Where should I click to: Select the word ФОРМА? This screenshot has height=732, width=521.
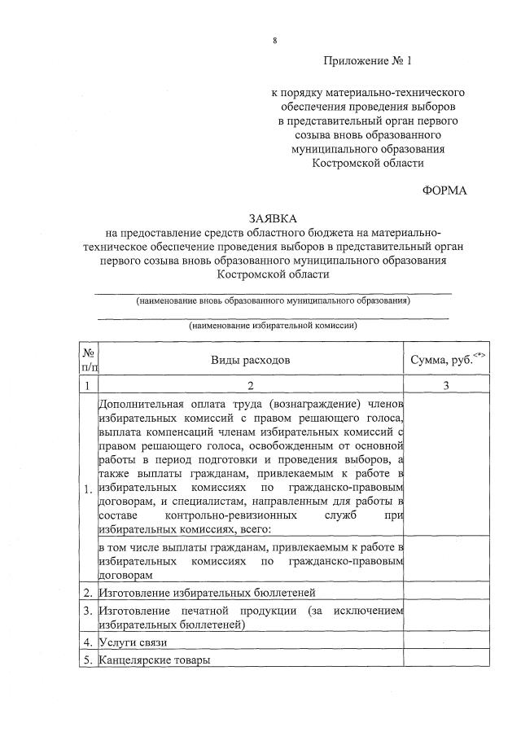(444, 190)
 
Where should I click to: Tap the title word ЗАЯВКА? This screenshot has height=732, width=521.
(274, 217)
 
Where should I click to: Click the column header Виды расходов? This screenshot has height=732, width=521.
(251, 360)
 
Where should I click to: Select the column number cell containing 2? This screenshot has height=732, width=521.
(251, 386)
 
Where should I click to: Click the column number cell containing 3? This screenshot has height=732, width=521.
(447, 386)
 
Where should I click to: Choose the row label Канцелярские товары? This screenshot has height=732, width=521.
(154, 660)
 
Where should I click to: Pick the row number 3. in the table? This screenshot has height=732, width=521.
(87, 611)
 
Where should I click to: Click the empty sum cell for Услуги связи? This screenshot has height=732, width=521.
(447, 643)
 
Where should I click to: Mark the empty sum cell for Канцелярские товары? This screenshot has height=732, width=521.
(447, 660)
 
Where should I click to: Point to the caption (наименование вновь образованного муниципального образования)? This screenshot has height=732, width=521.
(273, 300)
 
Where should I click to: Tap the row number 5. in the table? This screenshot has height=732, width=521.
(87, 660)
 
